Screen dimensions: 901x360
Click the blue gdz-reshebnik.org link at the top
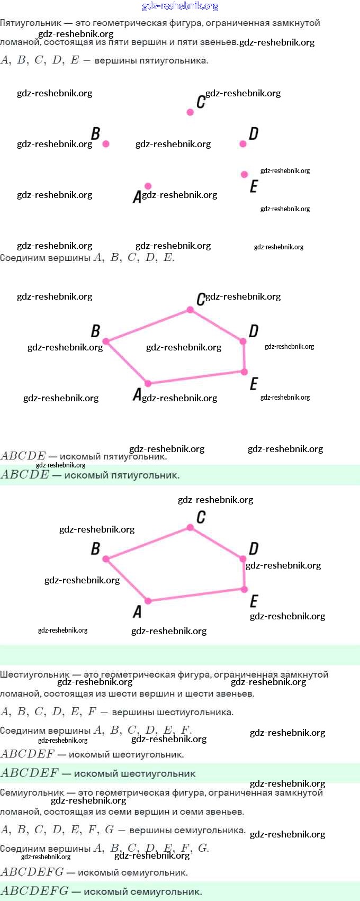[180, 6]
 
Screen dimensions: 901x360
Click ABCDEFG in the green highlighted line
[34, 891]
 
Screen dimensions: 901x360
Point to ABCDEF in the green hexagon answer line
[30, 773]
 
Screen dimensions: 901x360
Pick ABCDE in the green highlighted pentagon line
[25, 475]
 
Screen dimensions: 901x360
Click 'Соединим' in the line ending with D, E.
[23, 258]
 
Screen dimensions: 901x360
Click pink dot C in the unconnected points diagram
[190, 112]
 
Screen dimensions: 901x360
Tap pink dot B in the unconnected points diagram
[106, 144]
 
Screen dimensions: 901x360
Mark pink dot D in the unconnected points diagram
[243, 144]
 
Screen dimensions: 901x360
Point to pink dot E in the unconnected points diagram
[244, 175]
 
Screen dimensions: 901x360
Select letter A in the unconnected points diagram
[137, 197]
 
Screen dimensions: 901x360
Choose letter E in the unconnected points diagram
[254, 186]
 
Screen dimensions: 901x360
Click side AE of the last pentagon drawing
[196, 595]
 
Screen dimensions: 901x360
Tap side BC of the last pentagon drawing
[148, 543]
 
